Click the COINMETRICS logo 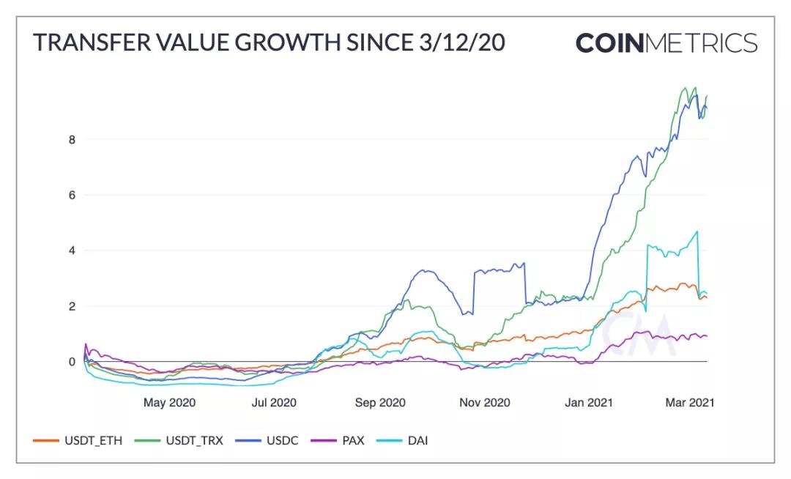[x=666, y=42]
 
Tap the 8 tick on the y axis [x=73, y=139]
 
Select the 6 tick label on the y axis [x=73, y=195]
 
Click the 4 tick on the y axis [x=73, y=250]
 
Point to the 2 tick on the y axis [x=73, y=306]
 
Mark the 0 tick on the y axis [x=73, y=362]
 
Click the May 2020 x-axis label [x=168, y=403]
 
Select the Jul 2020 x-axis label [x=274, y=403]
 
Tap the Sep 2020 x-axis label [x=379, y=403]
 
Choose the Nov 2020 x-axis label [x=484, y=403]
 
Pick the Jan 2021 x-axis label [x=590, y=403]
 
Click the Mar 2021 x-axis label [x=688, y=403]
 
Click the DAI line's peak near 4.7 [x=697, y=231]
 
